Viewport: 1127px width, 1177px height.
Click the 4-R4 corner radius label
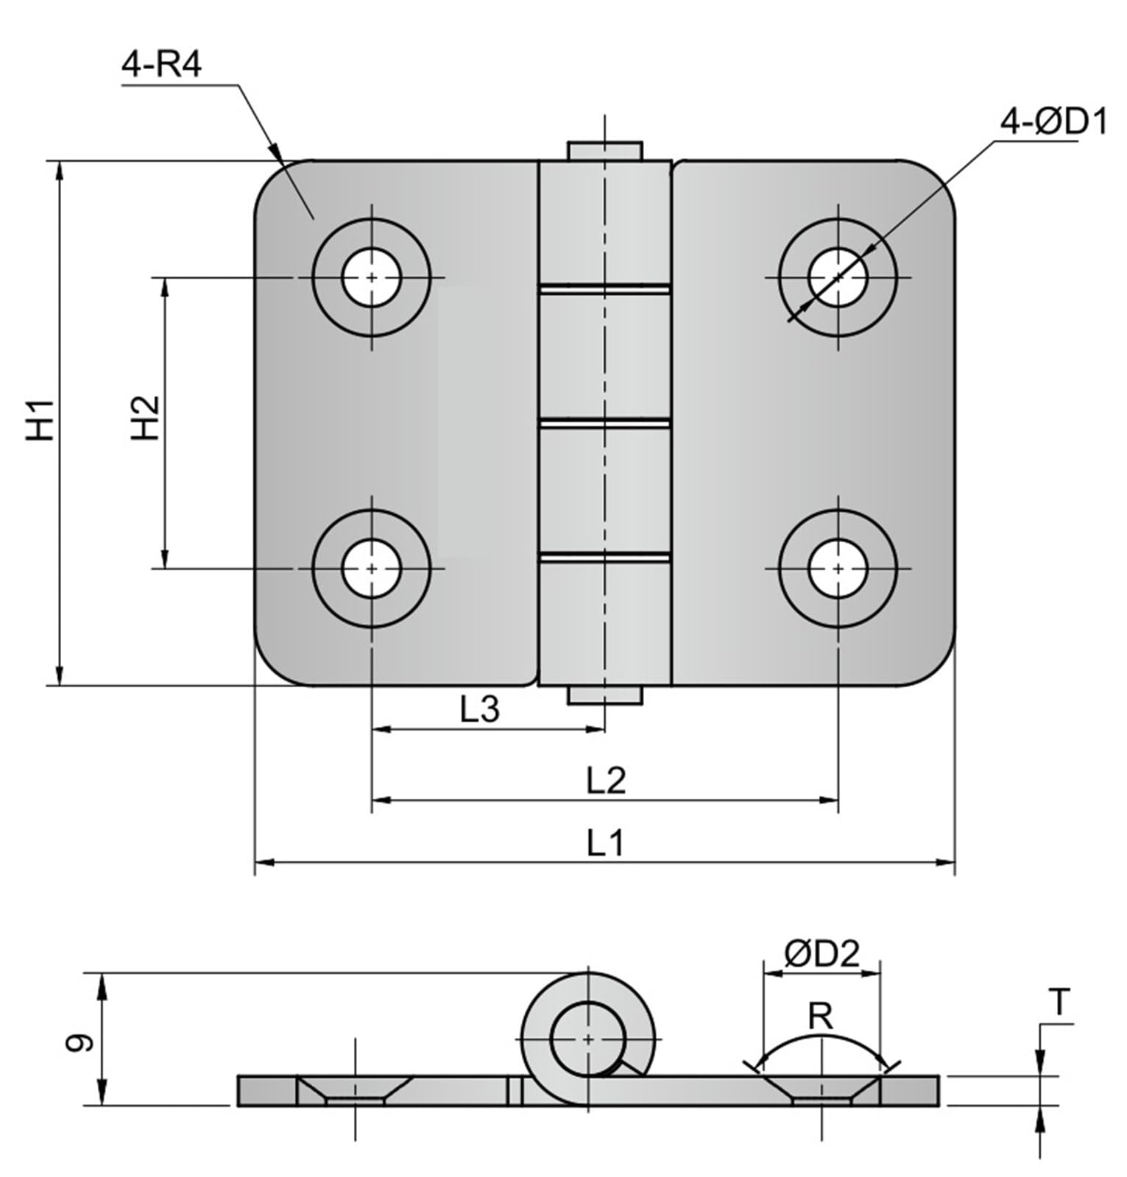(x=161, y=65)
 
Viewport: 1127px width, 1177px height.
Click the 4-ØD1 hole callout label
(x=1053, y=122)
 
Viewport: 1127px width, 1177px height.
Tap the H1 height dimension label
(x=40, y=420)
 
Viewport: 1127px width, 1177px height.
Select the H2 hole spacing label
(x=146, y=418)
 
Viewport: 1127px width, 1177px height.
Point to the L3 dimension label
(x=480, y=710)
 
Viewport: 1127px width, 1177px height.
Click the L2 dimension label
(x=606, y=780)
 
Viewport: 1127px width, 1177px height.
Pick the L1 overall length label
(x=605, y=843)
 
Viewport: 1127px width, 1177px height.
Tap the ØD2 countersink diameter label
(x=822, y=955)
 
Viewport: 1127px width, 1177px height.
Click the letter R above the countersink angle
(x=820, y=1017)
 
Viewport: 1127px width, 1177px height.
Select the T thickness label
(x=1059, y=1003)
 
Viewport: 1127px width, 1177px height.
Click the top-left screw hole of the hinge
(x=372, y=277)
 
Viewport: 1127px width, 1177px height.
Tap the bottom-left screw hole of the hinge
(x=372, y=569)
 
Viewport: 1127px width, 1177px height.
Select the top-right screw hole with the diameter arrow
(x=838, y=277)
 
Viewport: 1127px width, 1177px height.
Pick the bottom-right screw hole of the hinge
(x=838, y=569)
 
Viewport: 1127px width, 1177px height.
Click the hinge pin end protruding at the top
(x=604, y=151)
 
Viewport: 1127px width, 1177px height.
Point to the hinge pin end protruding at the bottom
(x=604, y=695)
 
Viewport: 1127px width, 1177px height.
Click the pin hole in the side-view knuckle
(x=587, y=1039)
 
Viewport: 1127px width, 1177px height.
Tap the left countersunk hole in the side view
(x=355, y=1089)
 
